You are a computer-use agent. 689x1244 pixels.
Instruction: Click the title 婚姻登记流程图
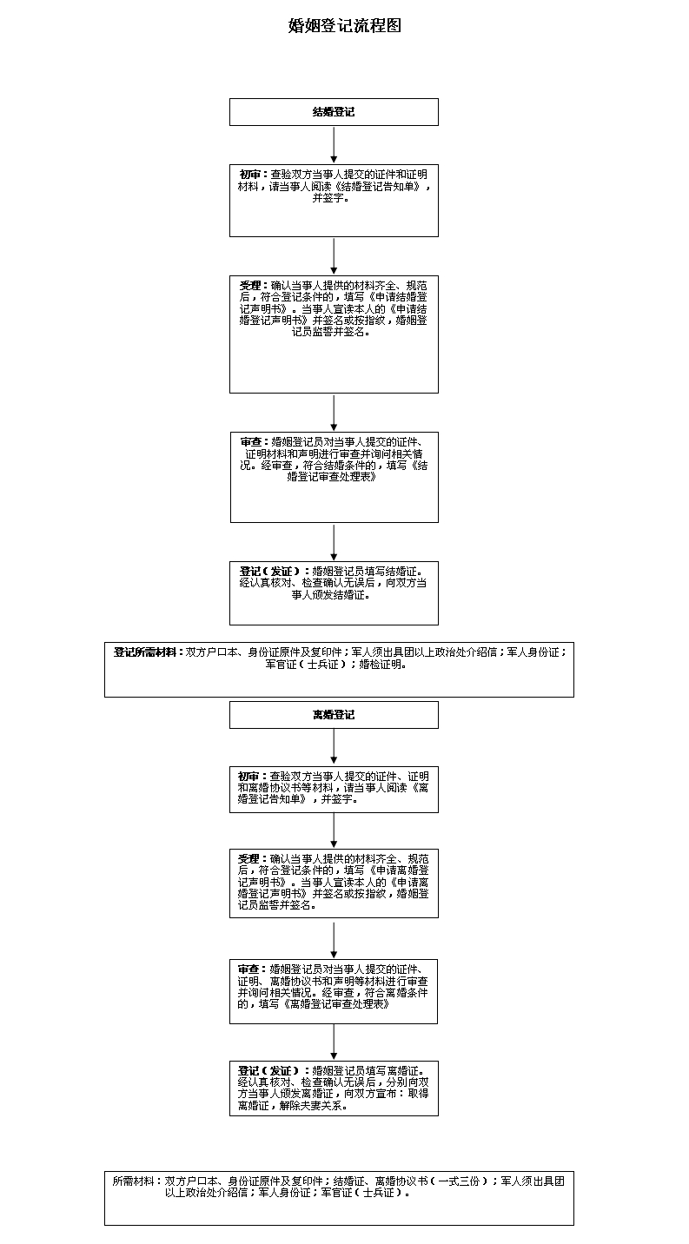coord(344,26)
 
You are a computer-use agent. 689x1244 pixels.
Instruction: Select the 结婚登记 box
coord(334,112)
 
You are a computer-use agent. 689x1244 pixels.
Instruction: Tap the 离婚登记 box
coord(334,715)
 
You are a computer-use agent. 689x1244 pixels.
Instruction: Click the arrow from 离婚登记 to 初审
coord(334,747)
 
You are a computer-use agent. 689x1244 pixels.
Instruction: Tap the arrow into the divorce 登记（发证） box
coord(334,1042)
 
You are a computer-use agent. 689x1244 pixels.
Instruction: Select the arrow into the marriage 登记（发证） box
coord(334,542)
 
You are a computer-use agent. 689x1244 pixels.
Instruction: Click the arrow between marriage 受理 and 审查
coord(334,413)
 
